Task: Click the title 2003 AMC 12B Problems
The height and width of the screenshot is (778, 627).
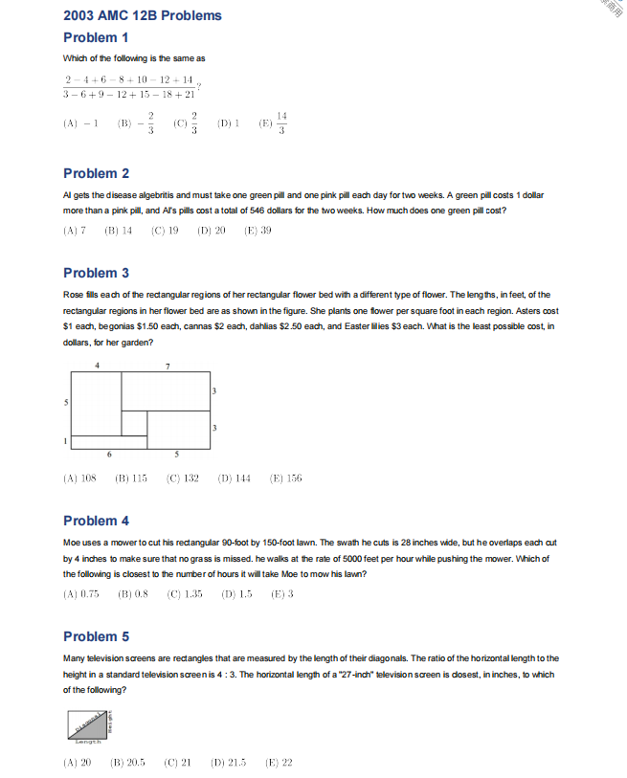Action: point(142,15)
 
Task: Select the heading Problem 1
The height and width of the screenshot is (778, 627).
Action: point(96,37)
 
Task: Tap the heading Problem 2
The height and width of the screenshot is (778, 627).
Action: point(96,173)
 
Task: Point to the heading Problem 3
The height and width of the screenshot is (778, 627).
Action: point(96,273)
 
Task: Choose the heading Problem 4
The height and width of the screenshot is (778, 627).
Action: point(96,521)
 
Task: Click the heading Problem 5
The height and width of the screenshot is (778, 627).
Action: point(96,636)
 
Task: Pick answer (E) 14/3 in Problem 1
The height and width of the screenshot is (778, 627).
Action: point(273,124)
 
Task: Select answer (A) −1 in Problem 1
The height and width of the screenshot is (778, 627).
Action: point(82,124)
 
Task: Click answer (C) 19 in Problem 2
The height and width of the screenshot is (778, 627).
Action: point(166,231)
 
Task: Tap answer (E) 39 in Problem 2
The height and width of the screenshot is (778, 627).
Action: point(258,231)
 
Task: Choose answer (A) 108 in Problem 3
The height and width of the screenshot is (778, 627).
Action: point(80,478)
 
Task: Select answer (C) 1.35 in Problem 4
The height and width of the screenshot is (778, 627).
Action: point(185,594)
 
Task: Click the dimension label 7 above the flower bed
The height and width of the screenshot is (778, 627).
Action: point(168,366)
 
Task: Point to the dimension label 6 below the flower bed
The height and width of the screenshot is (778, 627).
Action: point(108,454)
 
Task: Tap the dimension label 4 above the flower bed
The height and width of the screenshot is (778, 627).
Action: point(97,366)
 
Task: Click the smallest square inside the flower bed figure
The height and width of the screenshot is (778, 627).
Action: point(134,424)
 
